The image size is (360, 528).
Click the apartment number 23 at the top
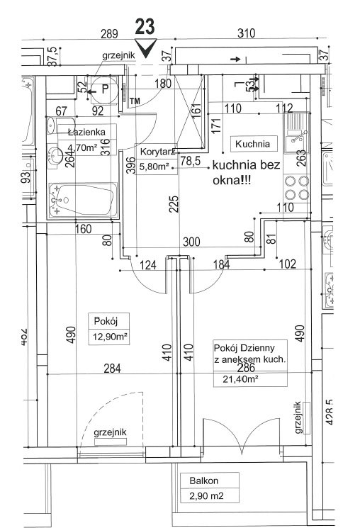pyautogui.click(x=145, y=27)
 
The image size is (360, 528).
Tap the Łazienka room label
pyautogui.click(x=86, y=132)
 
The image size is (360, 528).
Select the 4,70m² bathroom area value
pyautogui.click(x=82, y=148)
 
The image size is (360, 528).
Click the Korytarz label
pyautogui.click(x=157, y=152)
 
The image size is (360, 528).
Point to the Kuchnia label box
pyautogui.click(x=253, y=144)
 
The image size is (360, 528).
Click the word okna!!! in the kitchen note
pyautogui.click(x=232, y=181)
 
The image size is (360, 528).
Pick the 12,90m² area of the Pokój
pyautogui.click(x=109, y=337)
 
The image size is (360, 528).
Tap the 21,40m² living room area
pyautogui.click(x=240, y=379)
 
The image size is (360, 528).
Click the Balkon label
pyautogui.click(x=204, y=481)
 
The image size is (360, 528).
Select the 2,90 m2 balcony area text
pyautogui.click(x=206, y=496)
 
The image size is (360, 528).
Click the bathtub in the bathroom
pyautogui.click(x=83, y=201)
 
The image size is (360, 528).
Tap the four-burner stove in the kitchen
pyautogui.click(x=297, y=188)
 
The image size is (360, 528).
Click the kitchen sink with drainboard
pyautogui.click(x=297, y=133)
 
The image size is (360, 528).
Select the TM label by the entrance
pyautogui.click(x=135, y=101)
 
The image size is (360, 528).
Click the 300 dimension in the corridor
pyautogui.click(x=191, y=242)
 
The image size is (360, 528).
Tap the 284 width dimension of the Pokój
pyautogui.click(x=112, y=368)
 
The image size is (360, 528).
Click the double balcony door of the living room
pyautogui.click(x=241, y=435)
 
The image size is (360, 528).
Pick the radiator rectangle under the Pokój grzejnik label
pyautogui.click(x=110, y=442)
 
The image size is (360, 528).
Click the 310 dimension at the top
pyautogui.click(x=246, y=33)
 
